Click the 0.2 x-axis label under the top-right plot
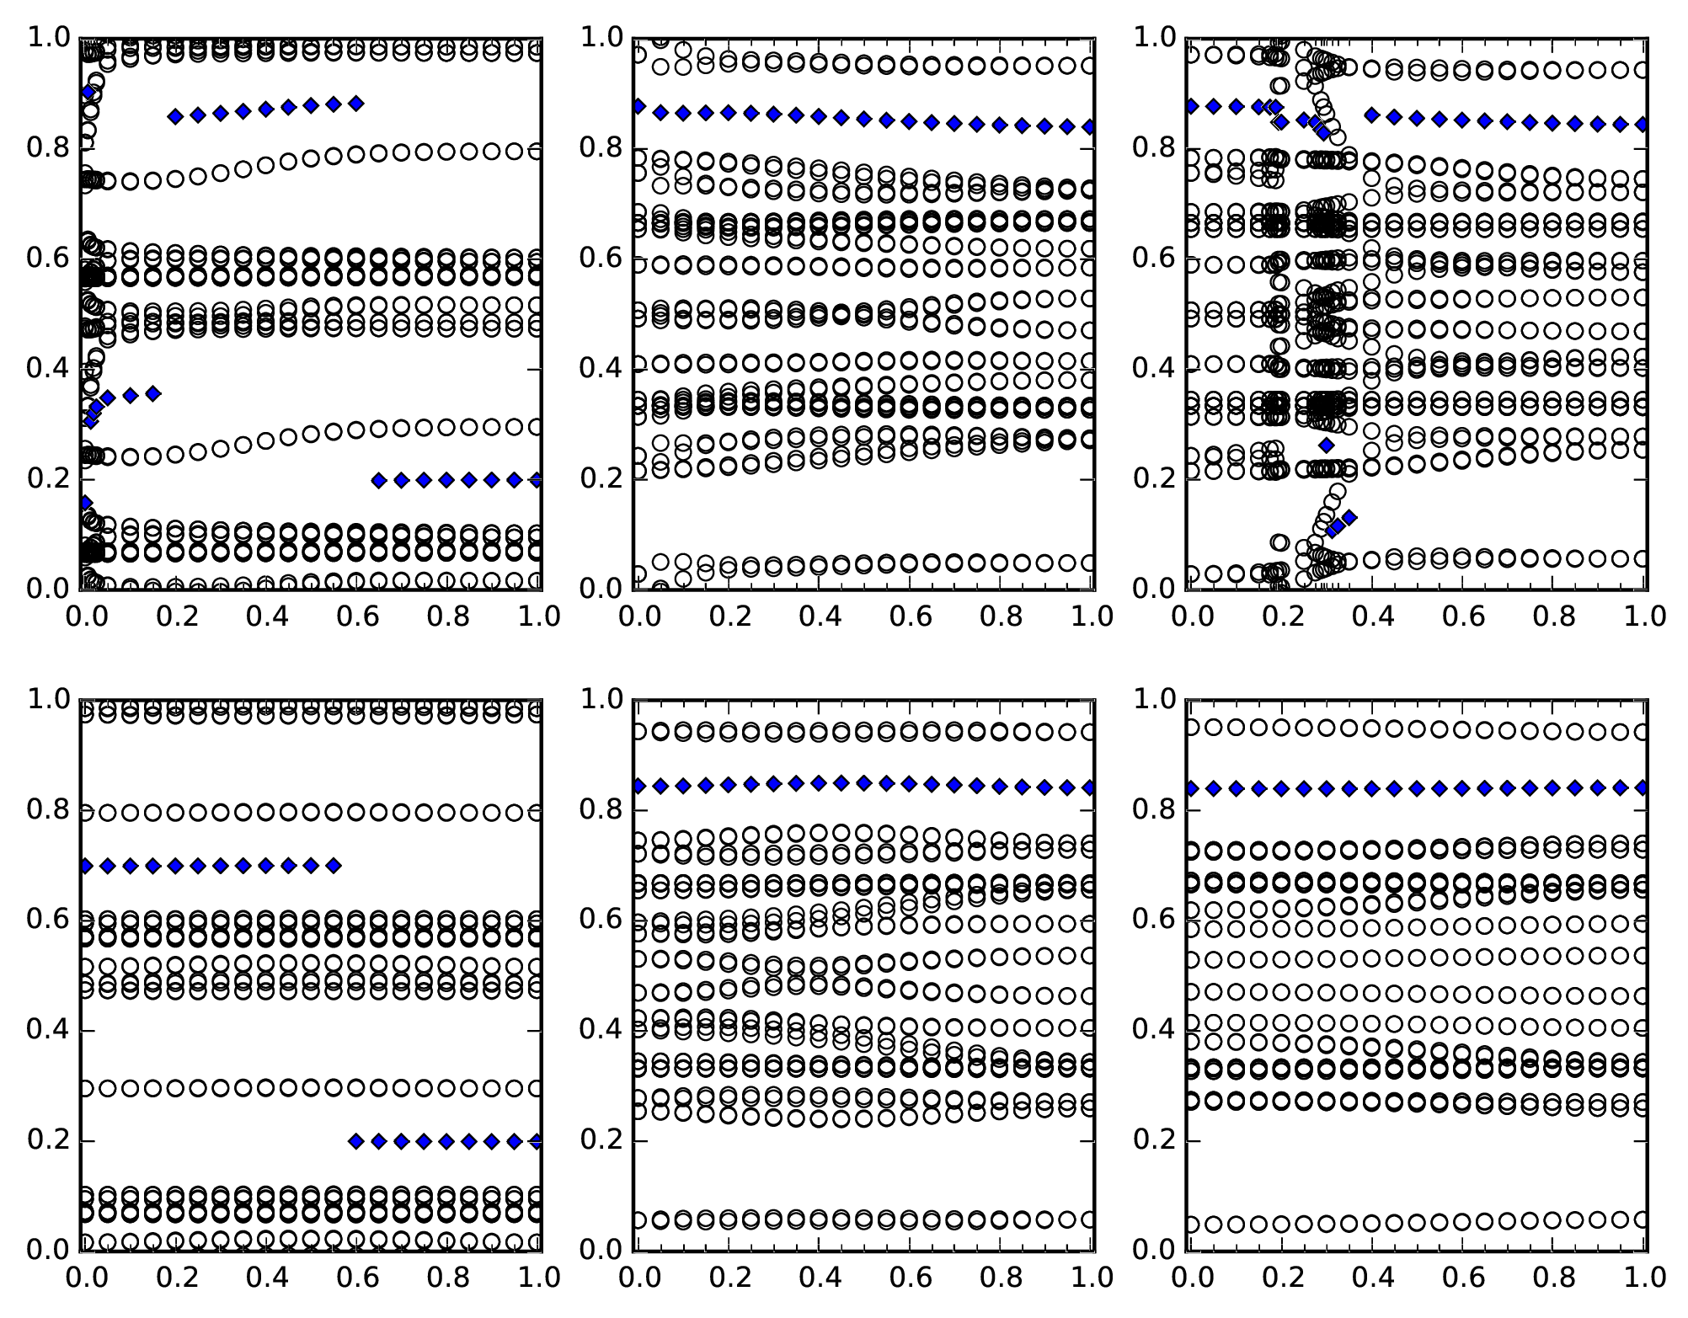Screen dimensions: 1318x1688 pos(1282,617)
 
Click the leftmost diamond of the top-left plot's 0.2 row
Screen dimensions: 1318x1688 pos(378,481)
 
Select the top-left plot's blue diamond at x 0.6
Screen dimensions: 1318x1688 pos(355,104)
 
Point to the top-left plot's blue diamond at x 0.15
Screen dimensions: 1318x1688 pos(152,393)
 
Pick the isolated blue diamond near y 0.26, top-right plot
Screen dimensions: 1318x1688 pos(1327,445)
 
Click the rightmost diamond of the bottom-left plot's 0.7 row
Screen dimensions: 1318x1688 pos(333,865)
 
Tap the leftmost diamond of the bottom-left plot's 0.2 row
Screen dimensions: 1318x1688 pos(355,1141)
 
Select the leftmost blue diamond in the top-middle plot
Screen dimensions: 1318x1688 pos(638,107)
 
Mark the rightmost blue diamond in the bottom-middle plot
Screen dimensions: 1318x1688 pos(1089,787)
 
